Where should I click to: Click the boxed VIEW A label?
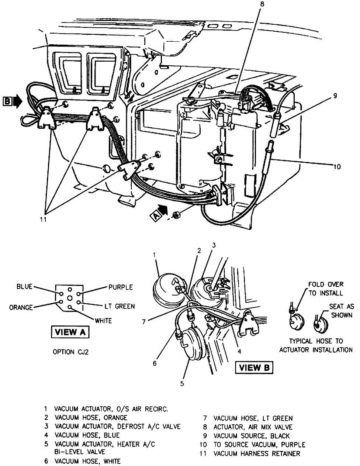(70, 332)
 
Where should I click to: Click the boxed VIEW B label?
(255, 367)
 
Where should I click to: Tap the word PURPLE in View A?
(121, 287)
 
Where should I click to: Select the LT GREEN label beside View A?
(119, 306)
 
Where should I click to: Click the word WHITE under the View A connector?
(104, 321)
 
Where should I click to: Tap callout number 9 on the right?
(335, 96)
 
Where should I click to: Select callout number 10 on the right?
(337, 167)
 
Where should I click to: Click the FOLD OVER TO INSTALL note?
(326, 289)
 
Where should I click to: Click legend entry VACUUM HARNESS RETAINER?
(257, 453)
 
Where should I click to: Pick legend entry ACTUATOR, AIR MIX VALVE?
(253, 427)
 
